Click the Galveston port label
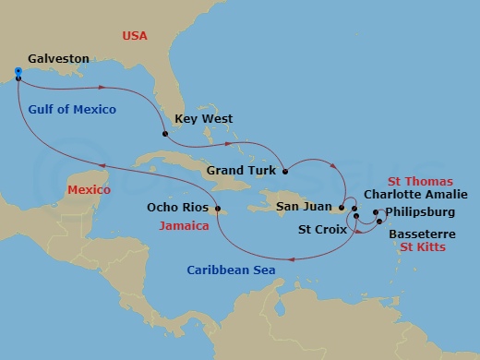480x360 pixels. pyautogui.click(x=57, y=59)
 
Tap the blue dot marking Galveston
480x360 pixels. pyautogui.click(x=18, y=70)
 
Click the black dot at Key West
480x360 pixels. pyautogui.click(x=166, y=135)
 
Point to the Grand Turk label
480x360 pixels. pyautogui.click(x=238, y=170)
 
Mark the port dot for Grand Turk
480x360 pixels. pyautogui.click(x=285, y=171)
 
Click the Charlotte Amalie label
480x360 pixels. pyautogui.click(x=415, y=195)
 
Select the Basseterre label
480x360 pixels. pyautogui.click(x=421, y=234)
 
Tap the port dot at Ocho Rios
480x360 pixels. pyautogui.click(x=219, y=210)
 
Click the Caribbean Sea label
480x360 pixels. pyautogui.click(x=228, y=270)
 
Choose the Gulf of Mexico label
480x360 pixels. pyautogui.click(x=72, y=110)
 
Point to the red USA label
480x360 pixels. pyautogui.click(x=136, y=36)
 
